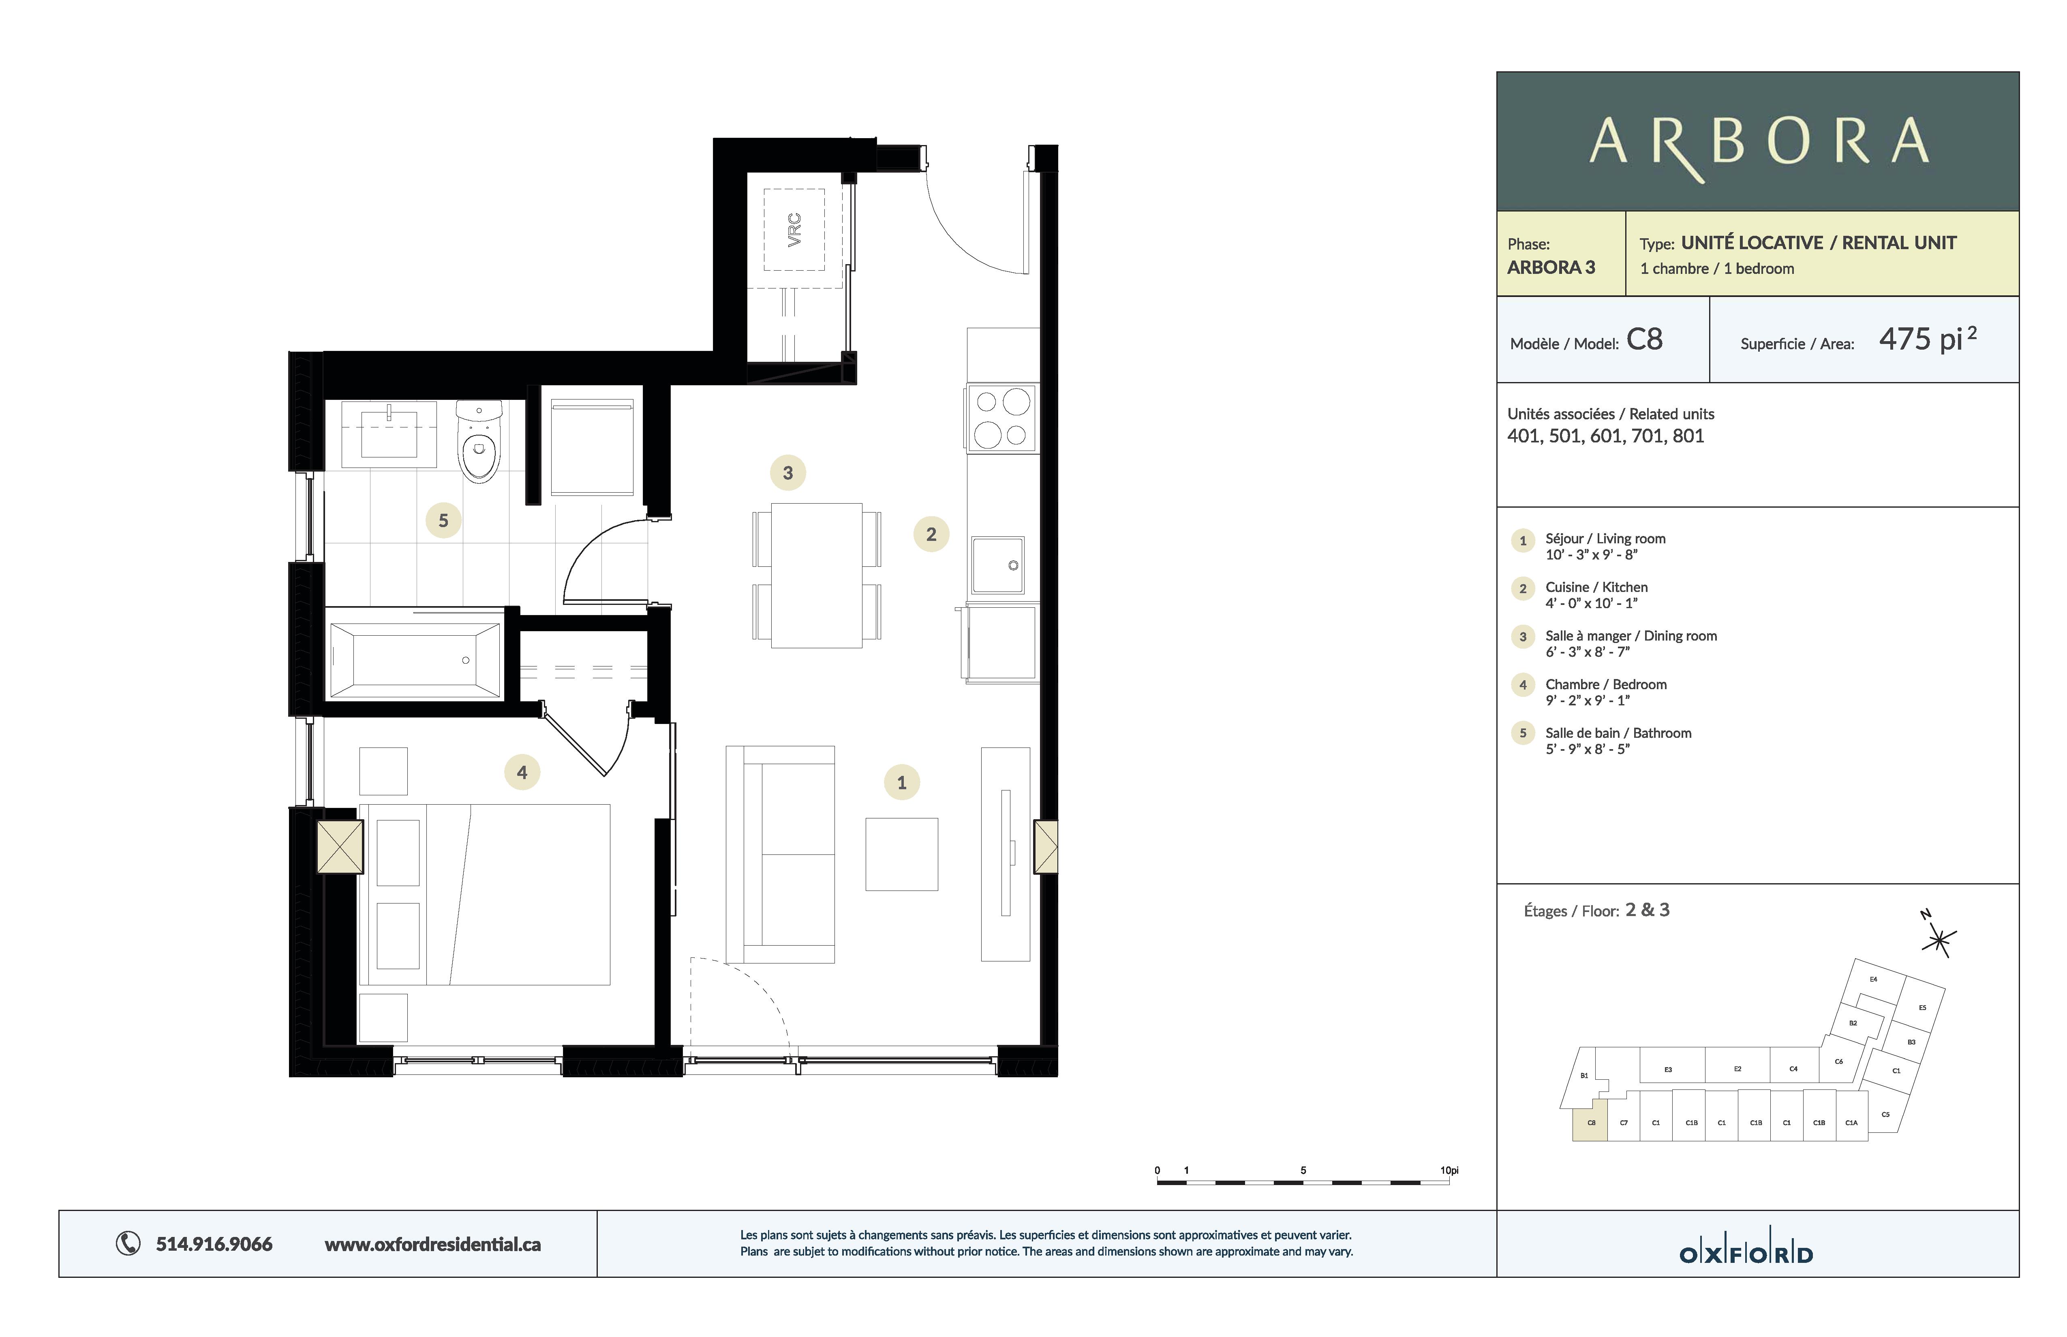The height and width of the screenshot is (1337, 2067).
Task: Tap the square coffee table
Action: (x=901, y=854)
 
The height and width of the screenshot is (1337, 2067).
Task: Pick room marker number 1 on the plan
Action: (x=901, y=782)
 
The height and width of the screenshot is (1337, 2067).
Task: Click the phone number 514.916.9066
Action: (x=214, y=1244)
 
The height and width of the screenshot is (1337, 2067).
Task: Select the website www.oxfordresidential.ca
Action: (x=432, y=1244)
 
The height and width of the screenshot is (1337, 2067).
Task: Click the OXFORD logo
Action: (x=1746, y=1254)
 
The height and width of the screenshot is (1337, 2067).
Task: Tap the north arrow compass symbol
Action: (x=1939, y=938)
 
